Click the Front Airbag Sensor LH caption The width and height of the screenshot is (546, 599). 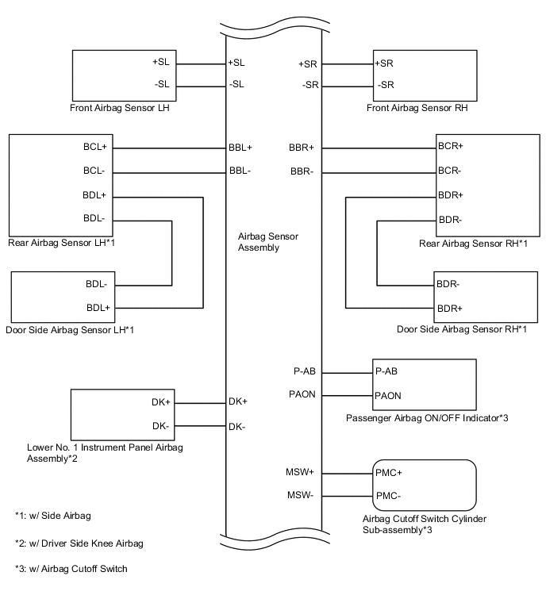pyautogui.click(x=121, y=109)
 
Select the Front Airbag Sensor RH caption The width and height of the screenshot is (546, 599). pyautogui.click(x=417, y=109)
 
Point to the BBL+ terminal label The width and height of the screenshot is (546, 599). pyautogui.click(x=240, y=148)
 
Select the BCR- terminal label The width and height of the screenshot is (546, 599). pyautogui.click(x=451, y=171)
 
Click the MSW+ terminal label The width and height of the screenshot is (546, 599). pyautogui.click(x=300, y=472)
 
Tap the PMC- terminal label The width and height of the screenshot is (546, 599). pyautogui.click(x=388, y=496)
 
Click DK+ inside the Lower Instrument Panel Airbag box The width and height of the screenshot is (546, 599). pyautogui.click(x=160, y=402)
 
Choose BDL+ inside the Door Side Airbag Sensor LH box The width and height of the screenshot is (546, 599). pyautogui.click(x=98, y=307)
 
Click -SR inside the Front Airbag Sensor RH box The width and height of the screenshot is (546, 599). pyautogui.click(x=386, y=85)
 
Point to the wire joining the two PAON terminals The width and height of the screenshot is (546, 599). pyautogui.click(x=347, y=395)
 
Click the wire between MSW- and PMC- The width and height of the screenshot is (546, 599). pyautogui.click(x=347, y=496)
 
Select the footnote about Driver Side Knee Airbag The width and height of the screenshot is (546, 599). pyautogui.click(x=79, y=543)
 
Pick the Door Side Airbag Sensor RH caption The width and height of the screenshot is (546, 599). pyautogui.click(x=463, y=328)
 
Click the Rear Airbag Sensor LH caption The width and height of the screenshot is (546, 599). pyautogui.click(x=61, y=242)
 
